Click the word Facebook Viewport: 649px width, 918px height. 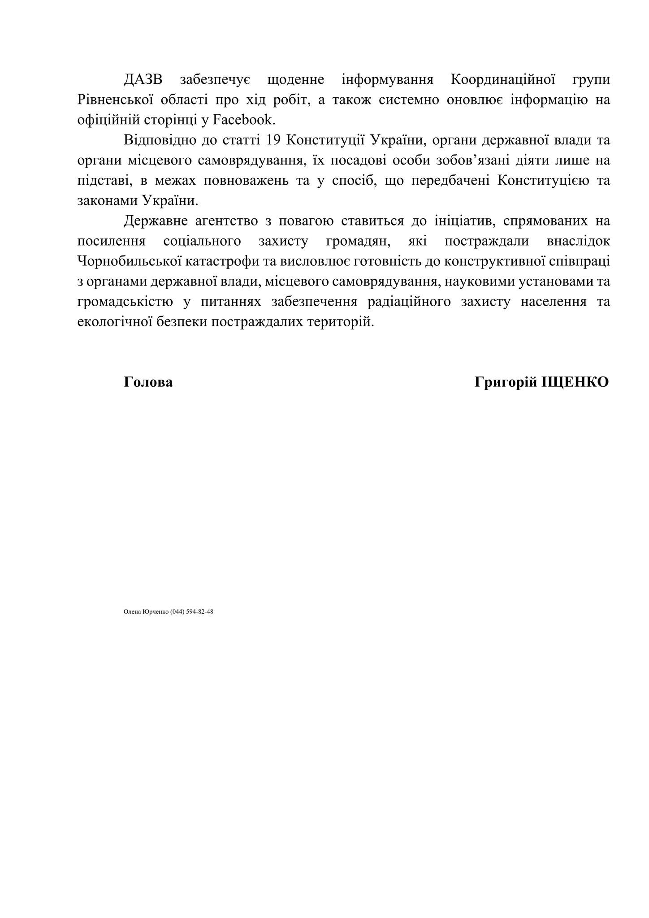[x=242, y=120]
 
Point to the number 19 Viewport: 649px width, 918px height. [x=273, y=140]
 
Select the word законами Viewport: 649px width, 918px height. [x=108, y=200]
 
